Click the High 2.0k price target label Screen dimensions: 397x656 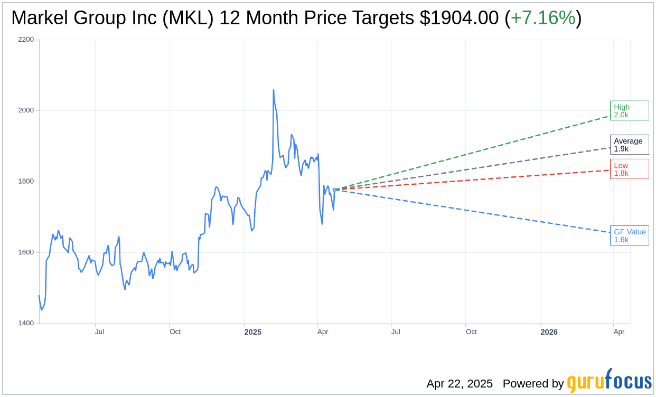point(629,111)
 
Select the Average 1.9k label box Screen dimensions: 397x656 point(629,145)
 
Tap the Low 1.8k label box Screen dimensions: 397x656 point(629,169)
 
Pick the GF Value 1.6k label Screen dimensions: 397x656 point(629,235)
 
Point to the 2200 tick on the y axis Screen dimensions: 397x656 point(25,40)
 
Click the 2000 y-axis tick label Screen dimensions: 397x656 point(25,110)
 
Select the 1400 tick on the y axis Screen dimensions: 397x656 point(25,323)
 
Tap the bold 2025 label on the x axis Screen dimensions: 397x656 point(253,332)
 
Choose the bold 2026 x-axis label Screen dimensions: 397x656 point(549,332)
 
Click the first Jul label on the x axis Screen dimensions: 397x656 point(99,332)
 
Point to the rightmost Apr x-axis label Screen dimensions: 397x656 point(619,332)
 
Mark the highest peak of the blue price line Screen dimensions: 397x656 point(273,90)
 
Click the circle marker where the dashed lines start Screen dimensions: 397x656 point(334,190)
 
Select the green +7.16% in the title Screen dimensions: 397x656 point(542,18)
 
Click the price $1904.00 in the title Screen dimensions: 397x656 point(459,18)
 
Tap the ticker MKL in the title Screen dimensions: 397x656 point(188,18)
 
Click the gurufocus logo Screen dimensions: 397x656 point(609,381)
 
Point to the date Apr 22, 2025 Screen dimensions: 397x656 point(460,384)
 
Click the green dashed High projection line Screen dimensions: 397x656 point(475,150)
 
